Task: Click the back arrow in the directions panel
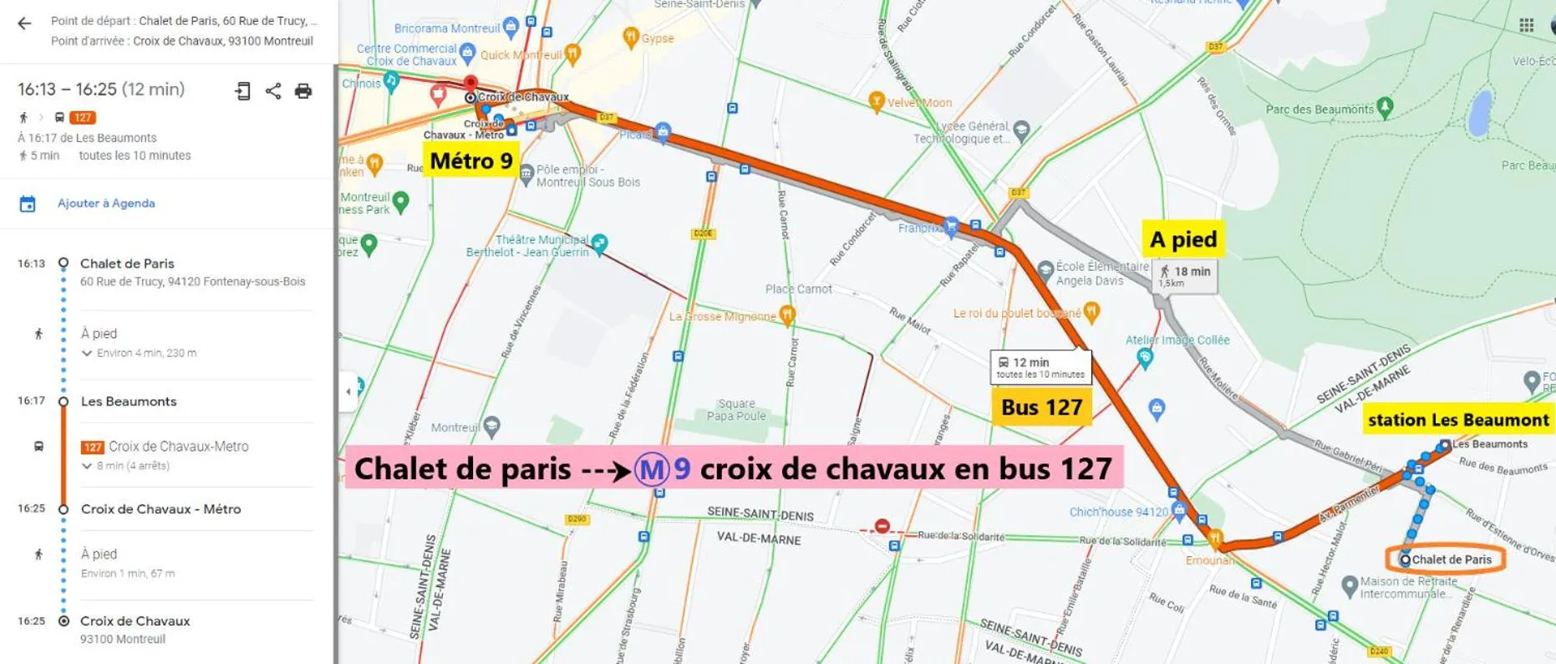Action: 24,23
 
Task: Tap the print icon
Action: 303,91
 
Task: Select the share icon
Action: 273,91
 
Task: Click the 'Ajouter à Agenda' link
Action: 105,203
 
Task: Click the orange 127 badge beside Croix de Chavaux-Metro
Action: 92,447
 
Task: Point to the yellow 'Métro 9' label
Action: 470,161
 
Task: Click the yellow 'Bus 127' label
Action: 1041,407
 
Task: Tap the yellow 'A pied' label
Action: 1183,240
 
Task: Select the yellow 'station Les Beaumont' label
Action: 1457,420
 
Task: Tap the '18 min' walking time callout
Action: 1185,275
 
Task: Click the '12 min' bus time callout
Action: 1040,366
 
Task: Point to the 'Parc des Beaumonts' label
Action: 1320,110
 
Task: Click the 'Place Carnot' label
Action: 798,289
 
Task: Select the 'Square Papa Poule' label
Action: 735,410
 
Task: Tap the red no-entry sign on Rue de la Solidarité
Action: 882,526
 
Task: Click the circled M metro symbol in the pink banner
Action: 651,469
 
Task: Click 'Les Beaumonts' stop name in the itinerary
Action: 129,401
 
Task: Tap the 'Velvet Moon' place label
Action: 919,103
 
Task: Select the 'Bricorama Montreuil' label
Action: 447,28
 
